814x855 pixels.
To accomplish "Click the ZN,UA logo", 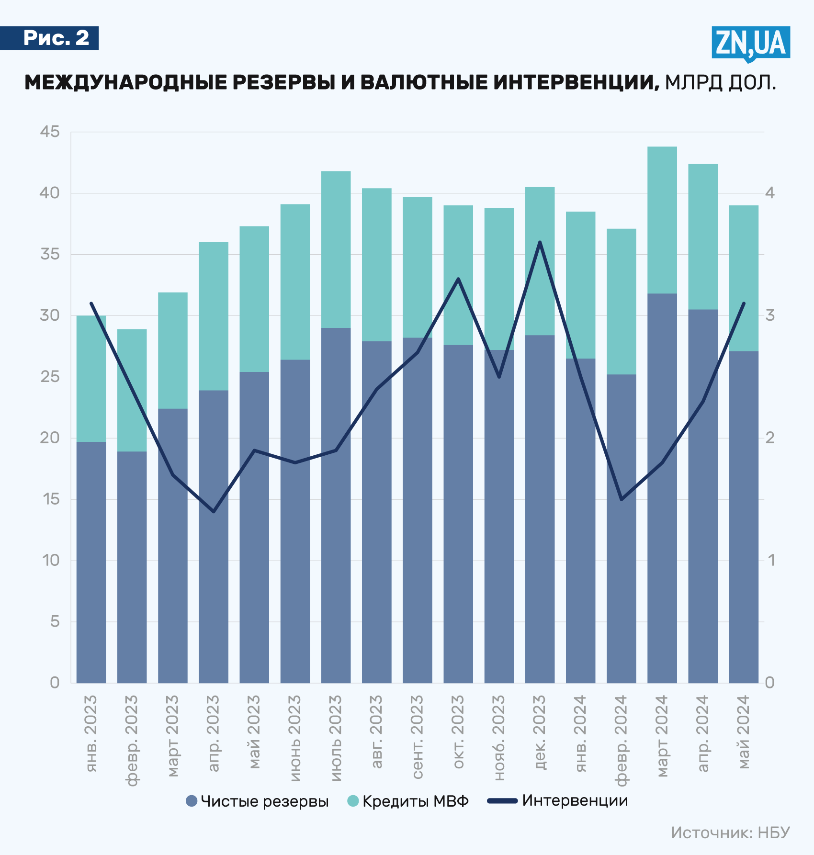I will click(x=750, y=44).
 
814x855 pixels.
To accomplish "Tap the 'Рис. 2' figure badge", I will click(x=56, y=38).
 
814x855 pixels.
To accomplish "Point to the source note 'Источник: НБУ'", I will click(x=730, y=832).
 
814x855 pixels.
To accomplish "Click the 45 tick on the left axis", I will click(x=50, y=132).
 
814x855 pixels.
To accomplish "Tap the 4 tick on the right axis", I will click(x=770, y=193).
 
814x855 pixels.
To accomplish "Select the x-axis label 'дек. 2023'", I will click(x=540, y=732).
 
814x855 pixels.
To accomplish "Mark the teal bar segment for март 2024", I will click(x=662, y=220).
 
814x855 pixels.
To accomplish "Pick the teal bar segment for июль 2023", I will click(x=336, y=249).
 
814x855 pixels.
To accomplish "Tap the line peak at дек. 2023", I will click(x=540, y=242).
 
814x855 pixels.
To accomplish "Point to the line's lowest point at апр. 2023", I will click(x=214, y=512).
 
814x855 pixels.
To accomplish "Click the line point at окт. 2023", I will click(x=458, y=279).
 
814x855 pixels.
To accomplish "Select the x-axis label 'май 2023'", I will click(x=254, y=732).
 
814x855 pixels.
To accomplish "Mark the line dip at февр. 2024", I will click(x=622, y=499).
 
